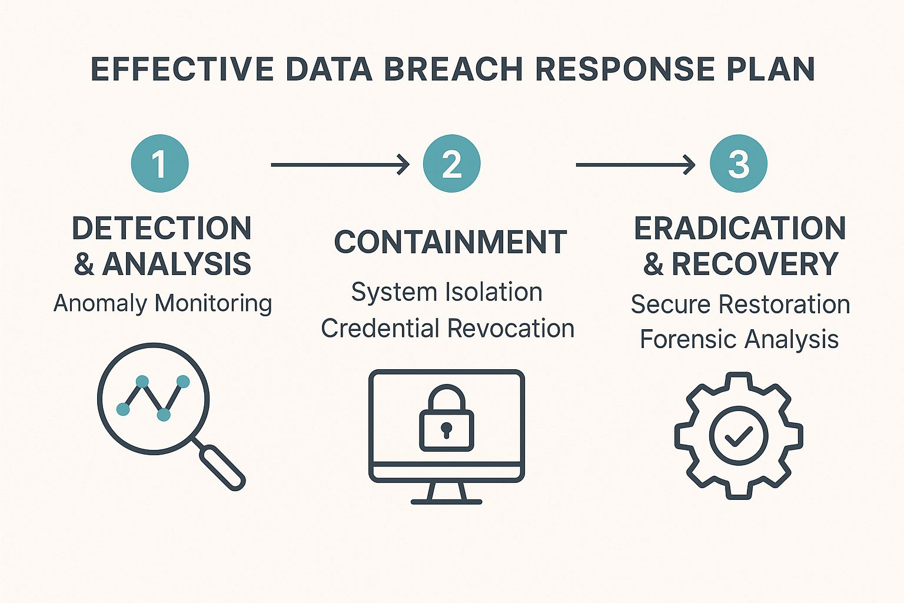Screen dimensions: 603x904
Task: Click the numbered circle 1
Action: pyautogui.click(x=159, y=164)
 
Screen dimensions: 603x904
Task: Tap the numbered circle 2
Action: pyautogui.click(x=451, y=164)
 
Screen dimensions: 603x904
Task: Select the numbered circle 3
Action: pyautogui.click(x=739, y=164)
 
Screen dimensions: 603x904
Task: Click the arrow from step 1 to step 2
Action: pyautogui.click(x=340, y=165)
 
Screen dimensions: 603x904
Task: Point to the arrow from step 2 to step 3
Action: pyautogui.click(x=635, y=165)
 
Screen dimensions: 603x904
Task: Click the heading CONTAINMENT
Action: pyautogui.click(x=450, y=242)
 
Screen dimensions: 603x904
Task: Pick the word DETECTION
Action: pyautogui.click(x=162, y=228)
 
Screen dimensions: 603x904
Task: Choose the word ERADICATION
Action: pyautogui.click(x=740, y=228)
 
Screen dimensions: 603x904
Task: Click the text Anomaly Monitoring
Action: pyautogui.click(x=162, y=304)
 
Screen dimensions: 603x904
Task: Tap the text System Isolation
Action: pyautogui.click(x=447, y=292)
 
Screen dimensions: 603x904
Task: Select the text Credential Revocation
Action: pyautogui.click(x=447, y=329)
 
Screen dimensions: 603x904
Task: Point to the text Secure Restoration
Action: pyautogui.click(x=740, y=304)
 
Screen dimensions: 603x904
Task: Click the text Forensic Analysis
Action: pyautogui.click(x=739, y=340)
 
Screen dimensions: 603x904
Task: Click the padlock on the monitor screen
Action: pyautogui.click(x=446, y=419)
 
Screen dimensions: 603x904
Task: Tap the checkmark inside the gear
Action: pyautogui.click(x=739, y=436)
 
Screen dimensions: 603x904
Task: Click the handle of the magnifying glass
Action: pyautogui.click(x=222, y=467)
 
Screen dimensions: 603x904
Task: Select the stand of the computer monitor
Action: pyautogui.click(x=446, y=493)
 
